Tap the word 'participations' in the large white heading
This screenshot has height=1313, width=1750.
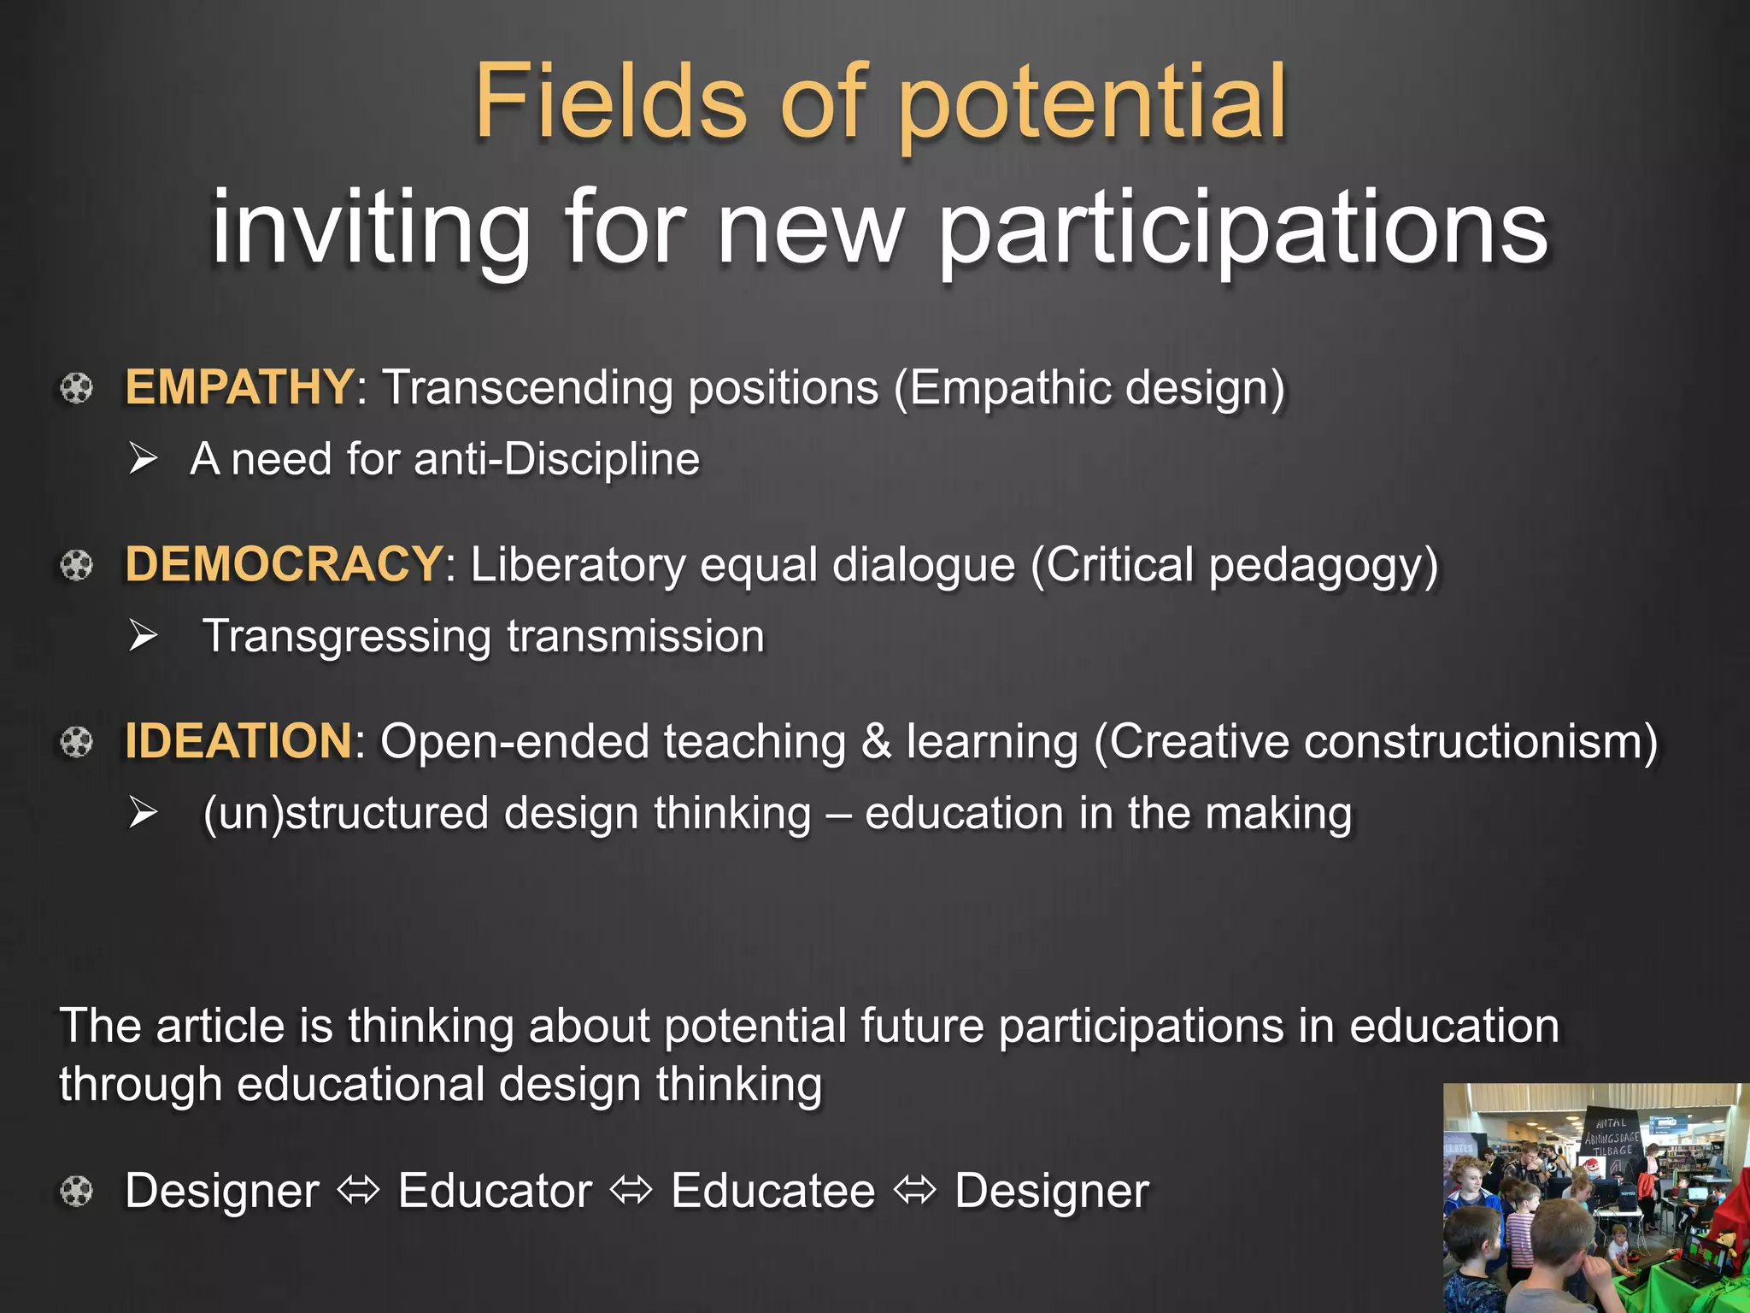tap(1243, 229)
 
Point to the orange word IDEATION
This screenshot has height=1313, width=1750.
tap(238, 740)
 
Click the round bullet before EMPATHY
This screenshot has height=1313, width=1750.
tap(76, 388)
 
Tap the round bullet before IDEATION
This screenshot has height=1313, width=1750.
tap(76, 742)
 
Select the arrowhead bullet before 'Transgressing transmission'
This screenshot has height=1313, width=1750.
tap(144, 636)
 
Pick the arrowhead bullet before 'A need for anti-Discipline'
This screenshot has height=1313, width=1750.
tap(144, 459)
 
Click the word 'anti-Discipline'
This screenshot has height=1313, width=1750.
tap(556, 459)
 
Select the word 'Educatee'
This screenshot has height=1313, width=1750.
tap(773, 1191)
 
